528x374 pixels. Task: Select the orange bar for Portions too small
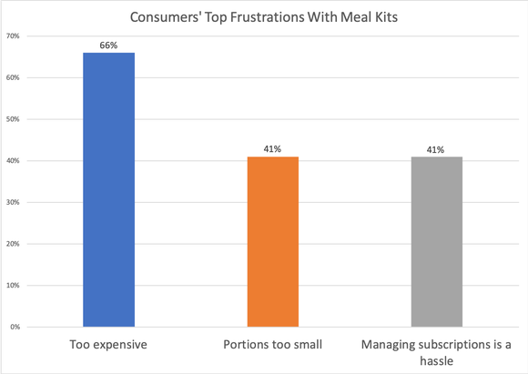click(x=272, y=241)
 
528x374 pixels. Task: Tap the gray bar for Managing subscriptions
click(x=437, y=241)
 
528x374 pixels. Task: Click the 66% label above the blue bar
click(x=109, y=45)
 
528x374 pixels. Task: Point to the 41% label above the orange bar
click(x=272, y=148)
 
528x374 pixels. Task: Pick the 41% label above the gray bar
click(x=437, y=148)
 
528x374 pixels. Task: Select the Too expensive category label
click(x=109, y=346)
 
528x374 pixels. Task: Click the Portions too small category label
click(x=272, y=346)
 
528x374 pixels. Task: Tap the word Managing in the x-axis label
click(x=389, y=346)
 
